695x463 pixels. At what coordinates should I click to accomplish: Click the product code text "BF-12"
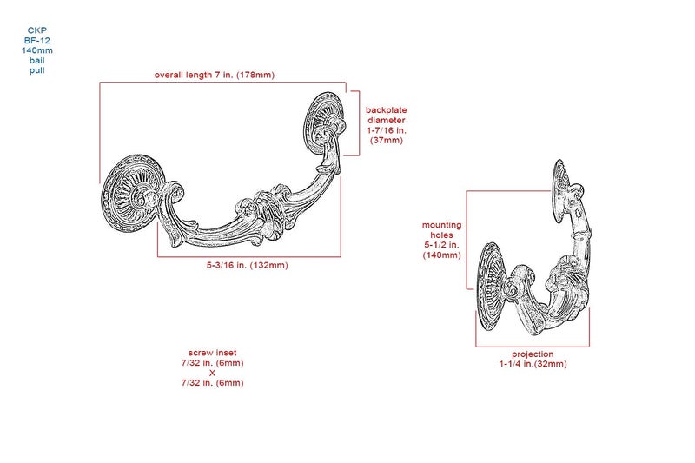click(x=37, y=40)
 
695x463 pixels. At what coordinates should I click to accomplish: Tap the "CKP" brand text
click(x=37, y=30)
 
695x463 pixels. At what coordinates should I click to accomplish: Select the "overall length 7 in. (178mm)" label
click(x=215, y=75)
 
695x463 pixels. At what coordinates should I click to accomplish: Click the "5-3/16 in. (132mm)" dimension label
click(x=248, y=266)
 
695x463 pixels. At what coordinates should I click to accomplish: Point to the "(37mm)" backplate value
click(x=387, y=141)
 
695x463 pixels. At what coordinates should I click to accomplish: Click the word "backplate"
click(x=386, y=109)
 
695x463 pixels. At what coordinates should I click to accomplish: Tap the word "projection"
click(x=533, y=354)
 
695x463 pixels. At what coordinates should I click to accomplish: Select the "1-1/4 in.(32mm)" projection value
click(x=533, y=364)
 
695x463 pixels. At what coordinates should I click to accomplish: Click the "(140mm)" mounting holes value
click(x=442, y=255)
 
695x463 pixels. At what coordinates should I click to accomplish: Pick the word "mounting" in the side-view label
click(x=442, y=225)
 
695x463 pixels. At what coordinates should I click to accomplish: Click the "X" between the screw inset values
click(x=212, y=373)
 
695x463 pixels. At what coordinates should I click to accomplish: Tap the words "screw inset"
click(x=212, y=353)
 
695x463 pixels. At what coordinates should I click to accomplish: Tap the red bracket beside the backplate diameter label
click(x=359, y=123)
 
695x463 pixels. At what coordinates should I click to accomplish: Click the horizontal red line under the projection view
click(x=533, y=347)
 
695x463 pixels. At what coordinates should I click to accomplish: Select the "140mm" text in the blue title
click(x=37, y=50)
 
